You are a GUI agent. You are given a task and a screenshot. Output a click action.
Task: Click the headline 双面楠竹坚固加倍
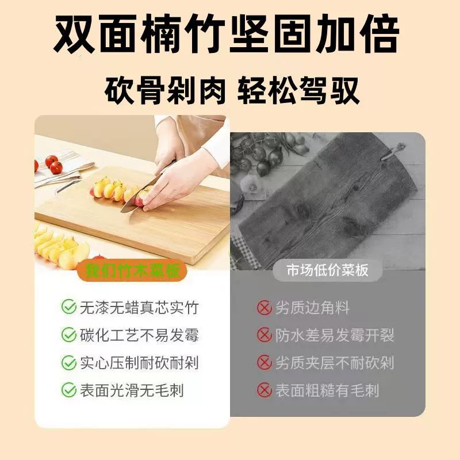pos(227,34)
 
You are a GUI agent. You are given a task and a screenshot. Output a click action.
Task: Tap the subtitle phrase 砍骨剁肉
pos(165,91)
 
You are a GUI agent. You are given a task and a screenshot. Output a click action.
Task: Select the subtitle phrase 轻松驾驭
pos(298,91)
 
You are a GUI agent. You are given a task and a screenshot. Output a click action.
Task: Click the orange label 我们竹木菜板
pos(132,270)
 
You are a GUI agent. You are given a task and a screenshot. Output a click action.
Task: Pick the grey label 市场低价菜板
pos(327,270)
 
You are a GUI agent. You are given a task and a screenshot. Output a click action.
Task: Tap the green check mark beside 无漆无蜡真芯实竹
pos(69,307)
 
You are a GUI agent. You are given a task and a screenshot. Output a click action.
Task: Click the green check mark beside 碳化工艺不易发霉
pos(69,335)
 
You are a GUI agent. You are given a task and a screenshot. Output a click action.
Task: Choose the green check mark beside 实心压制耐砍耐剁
pos(69,363)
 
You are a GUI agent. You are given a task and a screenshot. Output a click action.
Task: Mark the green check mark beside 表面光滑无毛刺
pos(69,390)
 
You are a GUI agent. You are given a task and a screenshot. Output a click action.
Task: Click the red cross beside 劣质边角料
pos(264,308)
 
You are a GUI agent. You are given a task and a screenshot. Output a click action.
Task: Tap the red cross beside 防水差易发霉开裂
pos(264,335)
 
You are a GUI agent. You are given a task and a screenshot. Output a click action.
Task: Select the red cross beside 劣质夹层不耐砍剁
pos(264,363)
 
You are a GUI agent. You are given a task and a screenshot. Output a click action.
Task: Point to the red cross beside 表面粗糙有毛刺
pos(264,390)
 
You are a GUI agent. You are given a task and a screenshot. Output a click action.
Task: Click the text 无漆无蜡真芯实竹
pos(139,308)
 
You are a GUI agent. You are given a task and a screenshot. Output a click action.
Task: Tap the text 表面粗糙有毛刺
pos(327,390)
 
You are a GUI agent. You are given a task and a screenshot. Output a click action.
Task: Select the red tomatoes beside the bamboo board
pos(53,164)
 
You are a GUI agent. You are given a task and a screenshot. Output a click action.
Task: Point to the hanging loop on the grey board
pos(393,152)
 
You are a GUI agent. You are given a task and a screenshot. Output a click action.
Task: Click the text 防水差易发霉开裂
pos(335,335)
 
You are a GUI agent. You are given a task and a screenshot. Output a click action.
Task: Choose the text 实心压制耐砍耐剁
pos(139,363)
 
